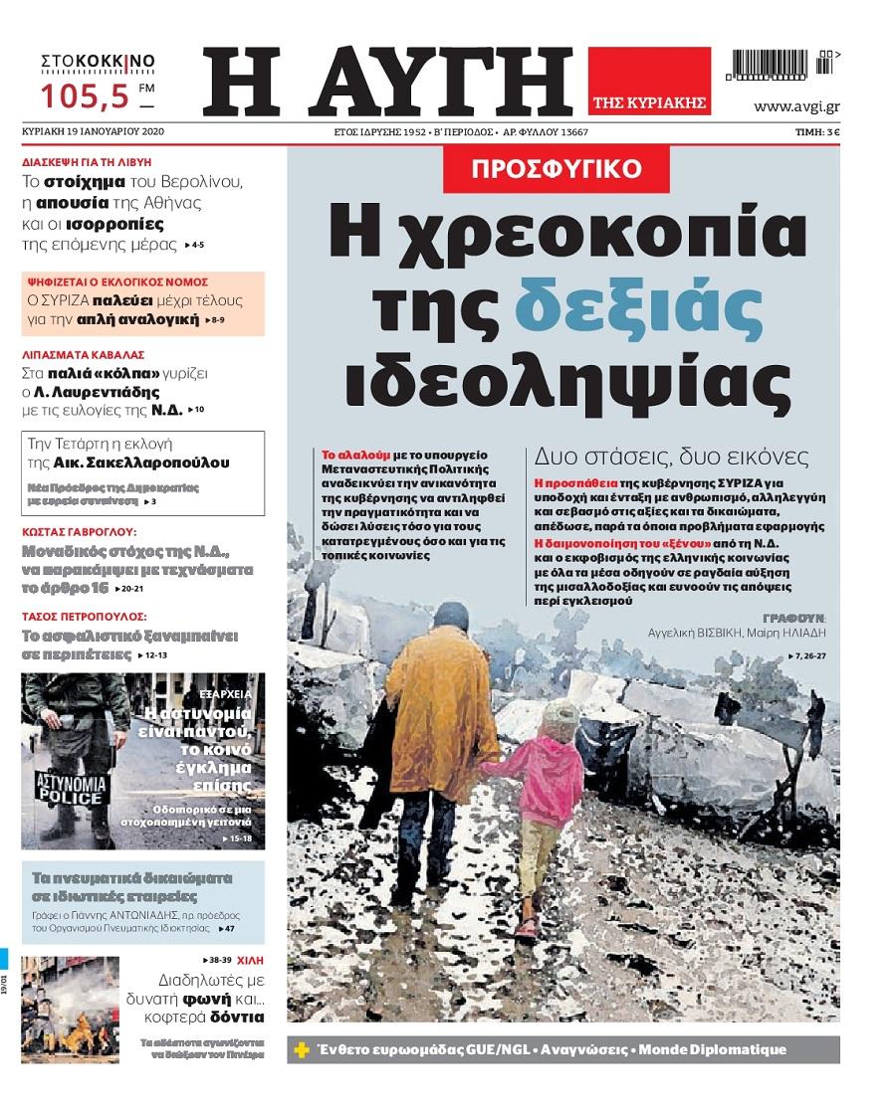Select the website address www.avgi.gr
coord(797,106)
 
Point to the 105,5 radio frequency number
coord(86,96)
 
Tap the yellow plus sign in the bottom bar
coord(302,1050)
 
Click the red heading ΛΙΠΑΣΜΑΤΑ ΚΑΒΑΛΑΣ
coord(84,353)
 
